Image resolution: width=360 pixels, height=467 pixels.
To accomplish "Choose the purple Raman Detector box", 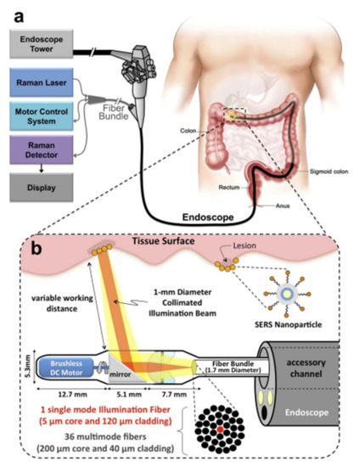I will (x=39, y=152).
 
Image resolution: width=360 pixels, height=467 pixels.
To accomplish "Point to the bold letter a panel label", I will (x=12, y=10).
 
